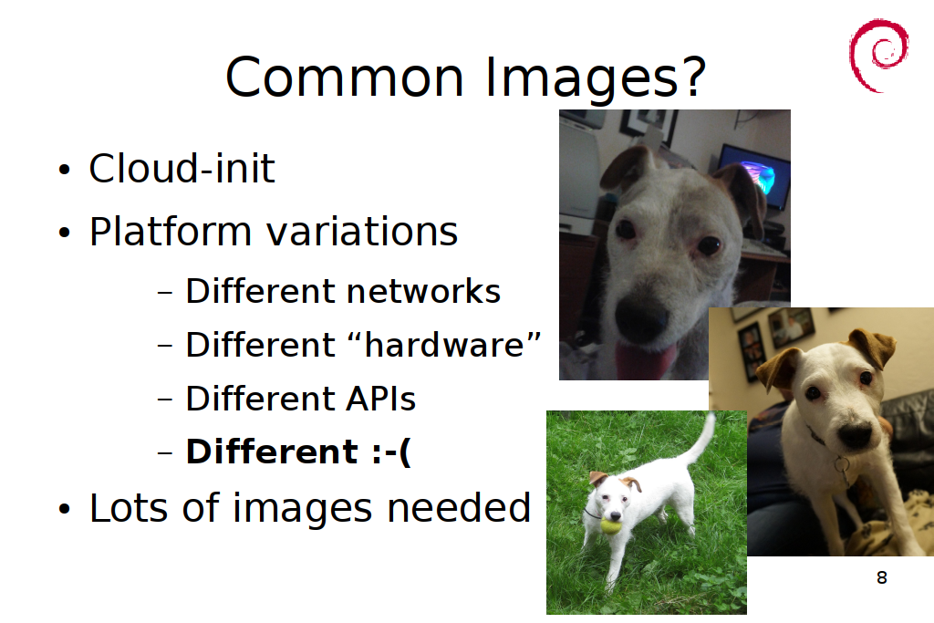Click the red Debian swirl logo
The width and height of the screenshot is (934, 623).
[x=878, y=56]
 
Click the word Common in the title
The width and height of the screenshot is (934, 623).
[x=344, y=77]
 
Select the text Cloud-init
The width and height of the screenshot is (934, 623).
[x=182, y=168]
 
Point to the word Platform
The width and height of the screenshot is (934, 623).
[x=171, y=233]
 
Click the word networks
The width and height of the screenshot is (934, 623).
[x=423, y=291]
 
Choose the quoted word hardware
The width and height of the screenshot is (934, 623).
[x=444, y=344]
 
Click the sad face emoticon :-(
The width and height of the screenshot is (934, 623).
[x=390, y=452]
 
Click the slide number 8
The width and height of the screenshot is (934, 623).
[x=882, y=577]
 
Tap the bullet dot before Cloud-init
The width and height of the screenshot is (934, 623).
[x=65, y=169]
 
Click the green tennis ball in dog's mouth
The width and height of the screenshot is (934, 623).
[x=609, y=526]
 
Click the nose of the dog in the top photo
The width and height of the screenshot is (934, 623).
[x=640, y=318]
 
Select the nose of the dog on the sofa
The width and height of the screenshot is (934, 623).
[x=855, y=435]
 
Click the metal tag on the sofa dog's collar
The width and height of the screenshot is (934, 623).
[x=842, y=468]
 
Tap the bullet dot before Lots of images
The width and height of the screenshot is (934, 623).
[x=65, y=509]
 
